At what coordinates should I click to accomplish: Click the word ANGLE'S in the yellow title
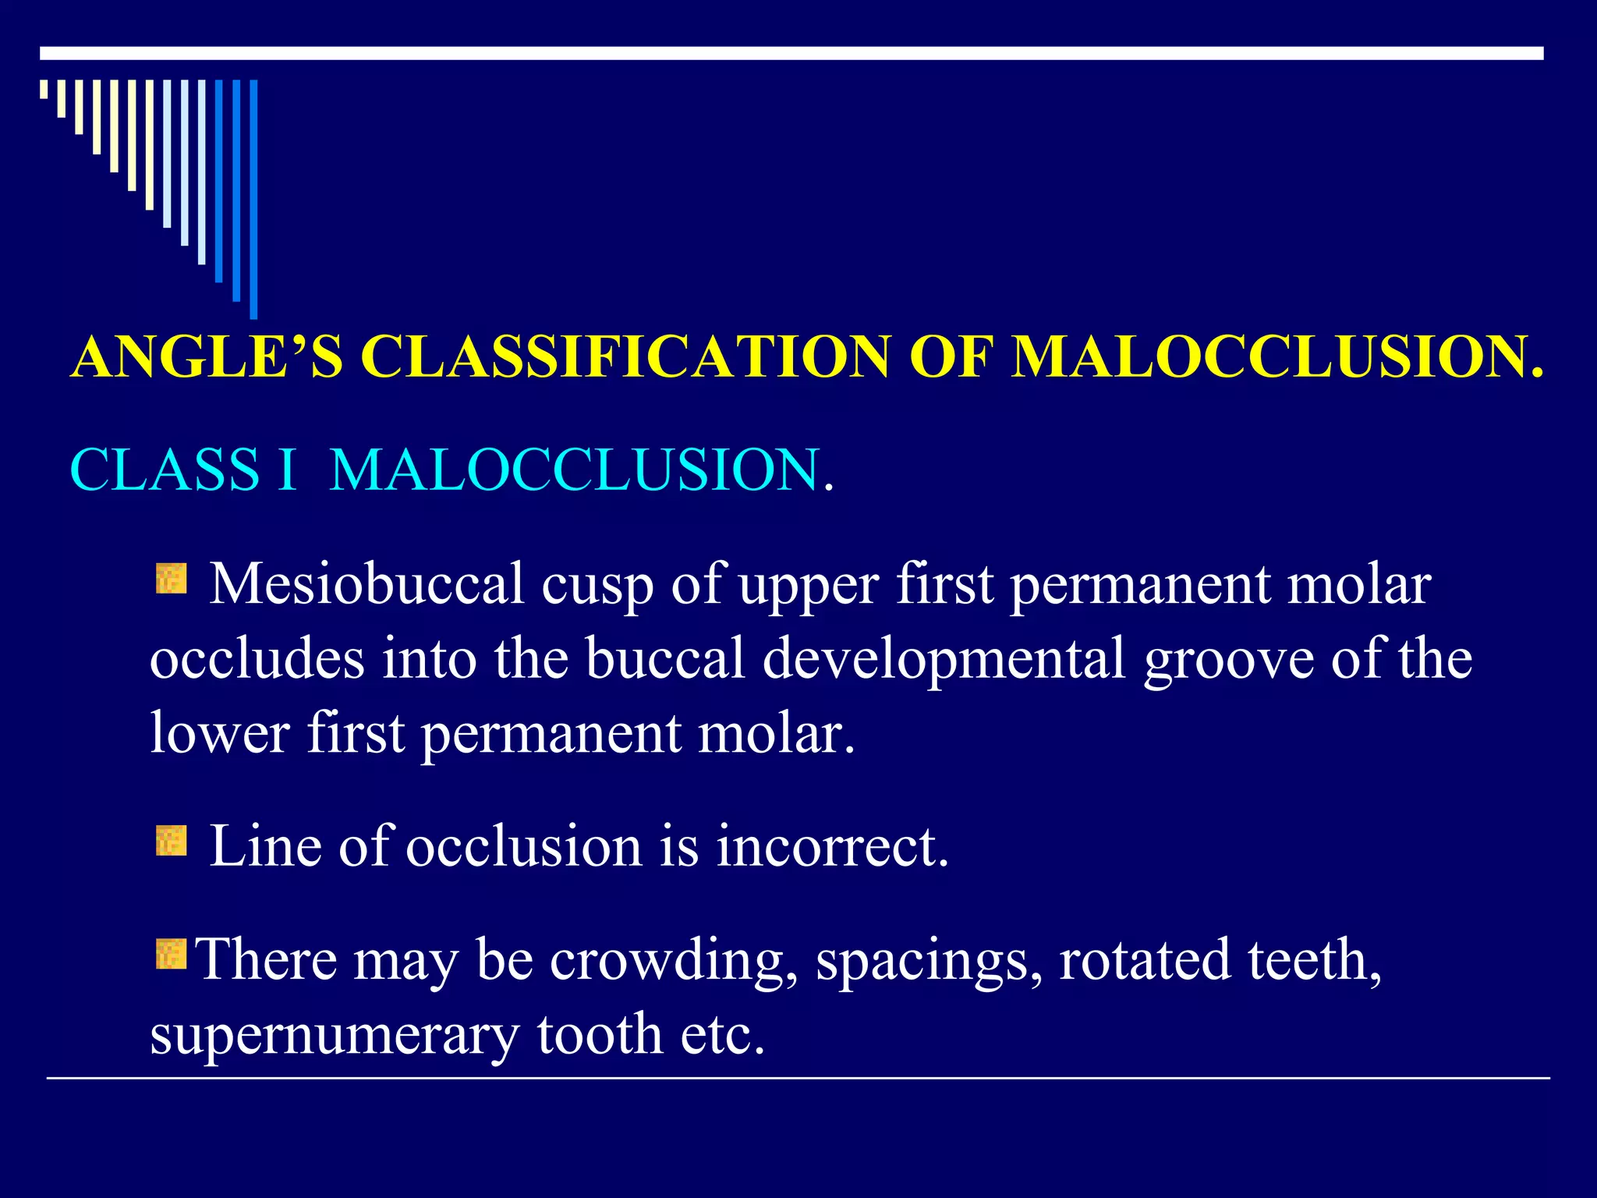[x=207, y=357]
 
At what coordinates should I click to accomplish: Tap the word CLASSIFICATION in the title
[x=624, y=357]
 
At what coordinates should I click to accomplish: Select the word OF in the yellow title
[x=950, y=357]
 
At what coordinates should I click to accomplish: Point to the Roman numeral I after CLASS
[x=288, y=470]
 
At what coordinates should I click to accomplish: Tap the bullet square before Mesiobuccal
[x=171, y=579]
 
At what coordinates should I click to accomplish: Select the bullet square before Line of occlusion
[x=171, y=842]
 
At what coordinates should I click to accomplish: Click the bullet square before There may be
[x=171, y=954]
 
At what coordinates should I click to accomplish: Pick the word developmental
[x=944, y=659]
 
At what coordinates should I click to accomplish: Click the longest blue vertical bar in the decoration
[x=253, y=199]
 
